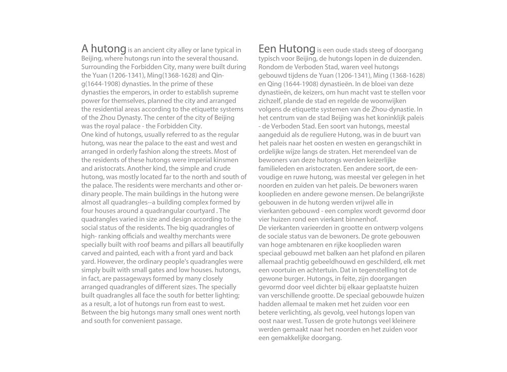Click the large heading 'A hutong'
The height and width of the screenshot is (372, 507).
tap(103, 49)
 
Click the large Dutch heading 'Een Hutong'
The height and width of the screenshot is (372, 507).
tap(287, 49)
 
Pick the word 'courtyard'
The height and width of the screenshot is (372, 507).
tap(195, 211)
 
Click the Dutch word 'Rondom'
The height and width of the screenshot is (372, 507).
tap(271, 67)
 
